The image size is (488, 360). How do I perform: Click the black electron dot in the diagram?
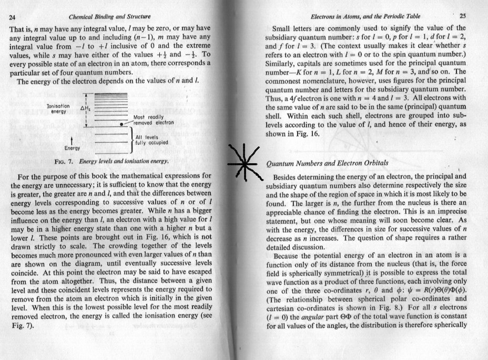122,124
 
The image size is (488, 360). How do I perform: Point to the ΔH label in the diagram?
85,109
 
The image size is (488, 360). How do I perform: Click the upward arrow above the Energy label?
72,140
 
